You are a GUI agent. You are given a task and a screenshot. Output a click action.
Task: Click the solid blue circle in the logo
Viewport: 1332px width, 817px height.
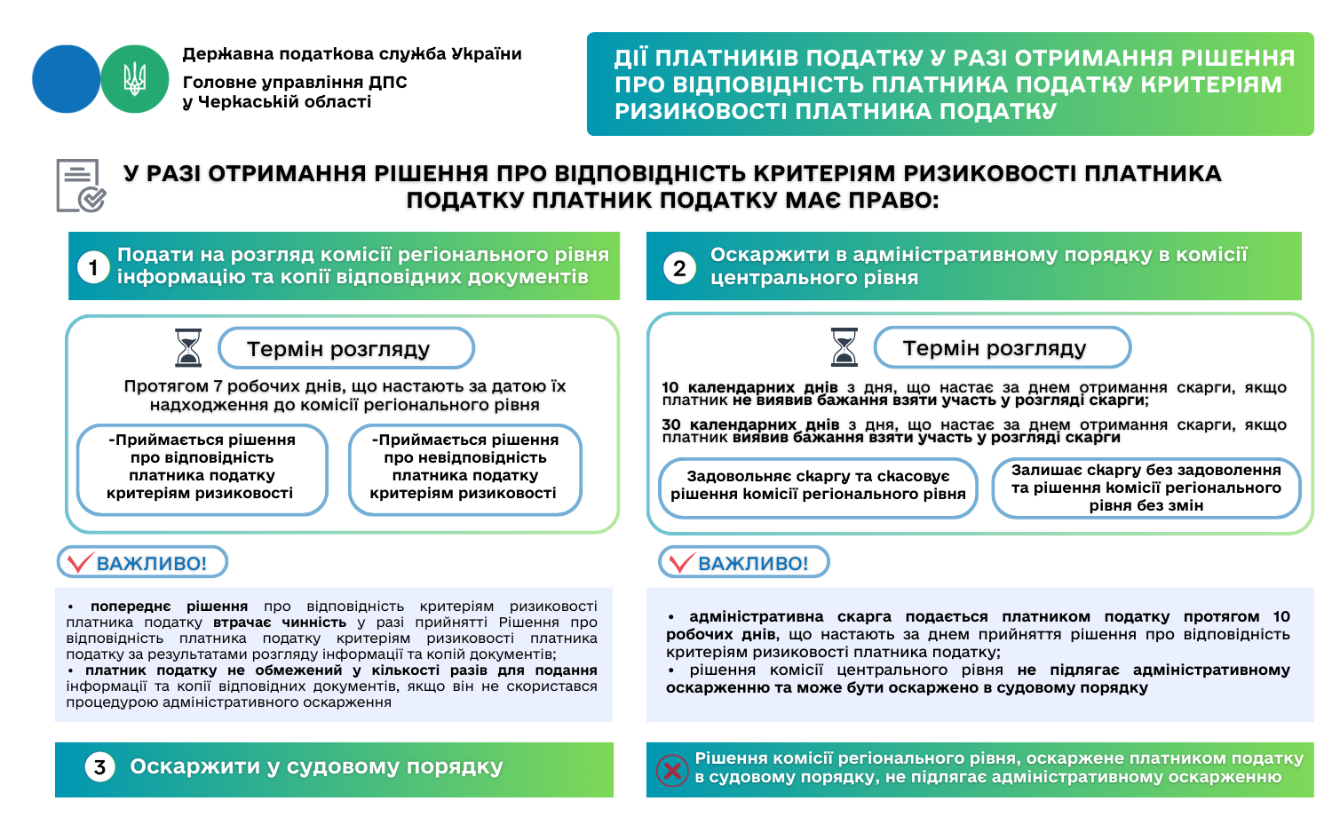pos(66,79)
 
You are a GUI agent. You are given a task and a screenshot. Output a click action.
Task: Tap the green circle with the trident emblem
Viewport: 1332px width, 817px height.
pos(135,79)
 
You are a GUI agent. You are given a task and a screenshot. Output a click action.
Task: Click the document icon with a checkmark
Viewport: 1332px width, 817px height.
pos(80,186)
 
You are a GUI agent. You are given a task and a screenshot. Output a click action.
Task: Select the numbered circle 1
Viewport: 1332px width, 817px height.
pos(93,266)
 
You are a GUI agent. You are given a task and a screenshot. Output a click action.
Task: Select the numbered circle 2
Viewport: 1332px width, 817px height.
pos(679,267)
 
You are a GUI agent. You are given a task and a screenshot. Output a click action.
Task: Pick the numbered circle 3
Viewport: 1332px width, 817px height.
pos(99,767)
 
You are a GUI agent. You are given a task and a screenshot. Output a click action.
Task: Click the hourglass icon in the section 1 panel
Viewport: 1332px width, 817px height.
pos(188,348)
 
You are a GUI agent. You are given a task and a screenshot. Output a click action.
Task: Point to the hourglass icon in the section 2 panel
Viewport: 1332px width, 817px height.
pos(844,347)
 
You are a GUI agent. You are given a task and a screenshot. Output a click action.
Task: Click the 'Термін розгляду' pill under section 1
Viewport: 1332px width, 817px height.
pos(346,349)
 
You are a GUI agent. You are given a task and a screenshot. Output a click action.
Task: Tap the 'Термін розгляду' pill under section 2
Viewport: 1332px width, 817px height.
pos(1002,348)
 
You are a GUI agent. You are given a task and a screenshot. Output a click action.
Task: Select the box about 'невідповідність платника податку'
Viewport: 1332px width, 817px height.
pos(465,469)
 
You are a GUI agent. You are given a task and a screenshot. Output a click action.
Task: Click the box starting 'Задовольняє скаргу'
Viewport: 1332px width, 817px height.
pos(818,486)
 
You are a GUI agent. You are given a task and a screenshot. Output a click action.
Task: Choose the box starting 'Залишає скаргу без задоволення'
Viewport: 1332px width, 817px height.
pos(1146,488)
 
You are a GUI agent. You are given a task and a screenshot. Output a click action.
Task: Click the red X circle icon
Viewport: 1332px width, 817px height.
pos(672,770)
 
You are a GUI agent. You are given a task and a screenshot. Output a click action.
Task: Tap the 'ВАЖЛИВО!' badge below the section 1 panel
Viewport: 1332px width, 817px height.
pos(142,563)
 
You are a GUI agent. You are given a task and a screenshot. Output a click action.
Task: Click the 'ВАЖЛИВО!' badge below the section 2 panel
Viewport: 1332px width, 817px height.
pos(743,563)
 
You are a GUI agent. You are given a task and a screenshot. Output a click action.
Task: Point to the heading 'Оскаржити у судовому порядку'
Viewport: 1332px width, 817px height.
pos(316,767)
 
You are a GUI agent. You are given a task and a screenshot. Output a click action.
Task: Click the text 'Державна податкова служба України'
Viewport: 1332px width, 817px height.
pos(352,54)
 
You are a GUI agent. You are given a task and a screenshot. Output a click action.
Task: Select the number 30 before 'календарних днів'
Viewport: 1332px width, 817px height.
pos(671,424)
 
